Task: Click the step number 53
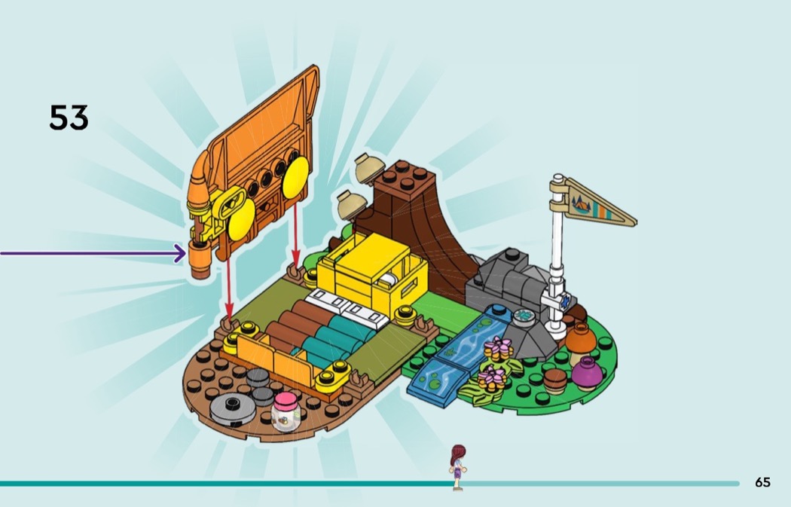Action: point(69,118)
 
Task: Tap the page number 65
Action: point(762,482)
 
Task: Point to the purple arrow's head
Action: point(181,253)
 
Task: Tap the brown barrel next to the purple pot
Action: point(555,380)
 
